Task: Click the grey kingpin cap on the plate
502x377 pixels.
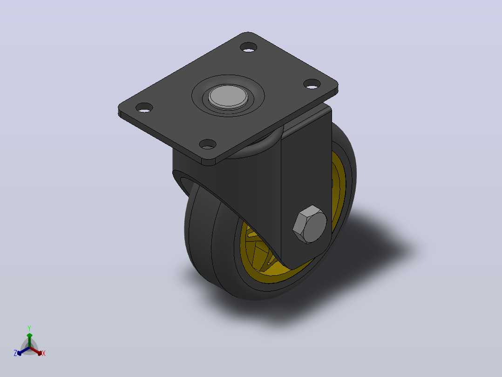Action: (228, 96)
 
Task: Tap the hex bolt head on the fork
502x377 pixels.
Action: (310, 224)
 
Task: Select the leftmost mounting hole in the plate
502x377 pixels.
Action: (144, 107)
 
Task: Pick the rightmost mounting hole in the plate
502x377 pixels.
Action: (312, 84)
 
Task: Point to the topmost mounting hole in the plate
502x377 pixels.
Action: (249, 47)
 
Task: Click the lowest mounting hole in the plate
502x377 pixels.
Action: (208, 144)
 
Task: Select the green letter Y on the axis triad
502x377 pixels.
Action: (29, 328)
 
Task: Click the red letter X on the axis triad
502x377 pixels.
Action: (44, 353)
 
